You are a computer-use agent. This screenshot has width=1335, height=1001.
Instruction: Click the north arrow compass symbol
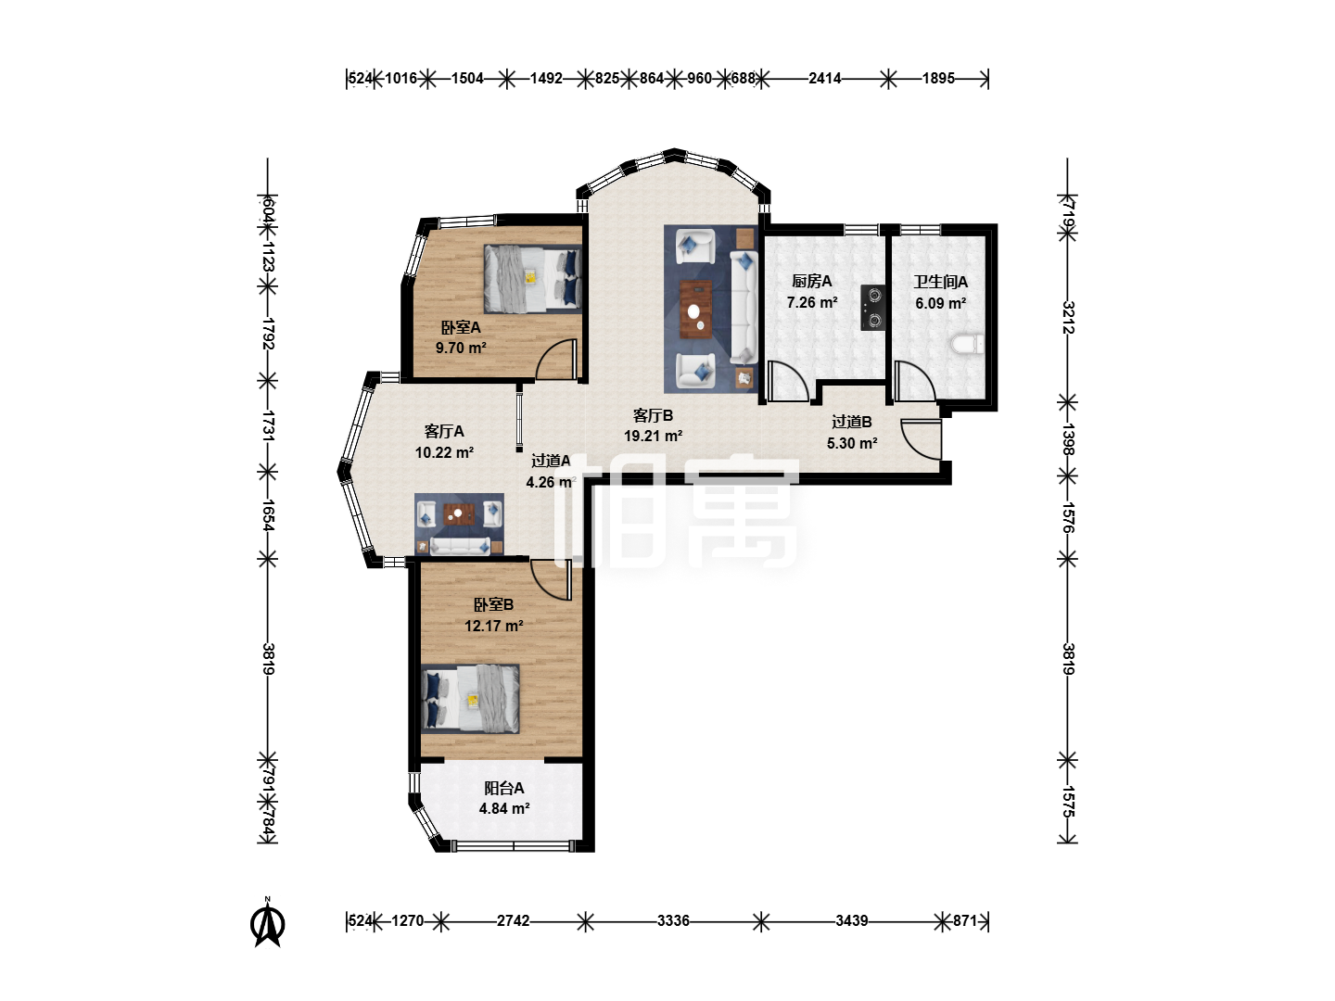point(268,922)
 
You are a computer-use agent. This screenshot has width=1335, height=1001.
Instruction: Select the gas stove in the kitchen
point(872,308)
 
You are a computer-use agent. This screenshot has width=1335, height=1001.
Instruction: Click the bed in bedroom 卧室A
point(533,279)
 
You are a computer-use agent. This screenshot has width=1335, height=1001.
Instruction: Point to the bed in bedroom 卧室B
point(471,699)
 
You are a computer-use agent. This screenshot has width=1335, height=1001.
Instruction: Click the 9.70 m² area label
point(461,348)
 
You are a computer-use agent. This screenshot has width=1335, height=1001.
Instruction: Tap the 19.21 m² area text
point(654,436)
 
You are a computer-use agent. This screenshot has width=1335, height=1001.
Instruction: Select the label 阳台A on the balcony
point(503,788)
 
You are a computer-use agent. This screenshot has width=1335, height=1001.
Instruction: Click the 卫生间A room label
point(940,282)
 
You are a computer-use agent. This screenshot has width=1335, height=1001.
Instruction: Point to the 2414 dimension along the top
point(825,79)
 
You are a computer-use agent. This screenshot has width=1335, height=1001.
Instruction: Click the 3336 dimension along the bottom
point(673,920)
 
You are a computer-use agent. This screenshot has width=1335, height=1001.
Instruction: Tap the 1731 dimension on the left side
point(268,425)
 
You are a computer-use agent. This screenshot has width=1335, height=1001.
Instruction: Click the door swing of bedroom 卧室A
point(555,359)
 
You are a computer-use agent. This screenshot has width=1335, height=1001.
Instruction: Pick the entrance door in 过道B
point(922,438)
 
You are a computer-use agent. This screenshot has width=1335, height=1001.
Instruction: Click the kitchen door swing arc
point(789,381)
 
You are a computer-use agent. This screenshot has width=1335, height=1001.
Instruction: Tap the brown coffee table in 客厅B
point(696,310)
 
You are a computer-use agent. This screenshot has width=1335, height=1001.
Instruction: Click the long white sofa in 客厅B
point(744,308)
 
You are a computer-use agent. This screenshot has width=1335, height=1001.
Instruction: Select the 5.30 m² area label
point(851,443)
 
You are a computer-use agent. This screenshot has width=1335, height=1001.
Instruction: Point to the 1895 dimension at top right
point(938,79)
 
